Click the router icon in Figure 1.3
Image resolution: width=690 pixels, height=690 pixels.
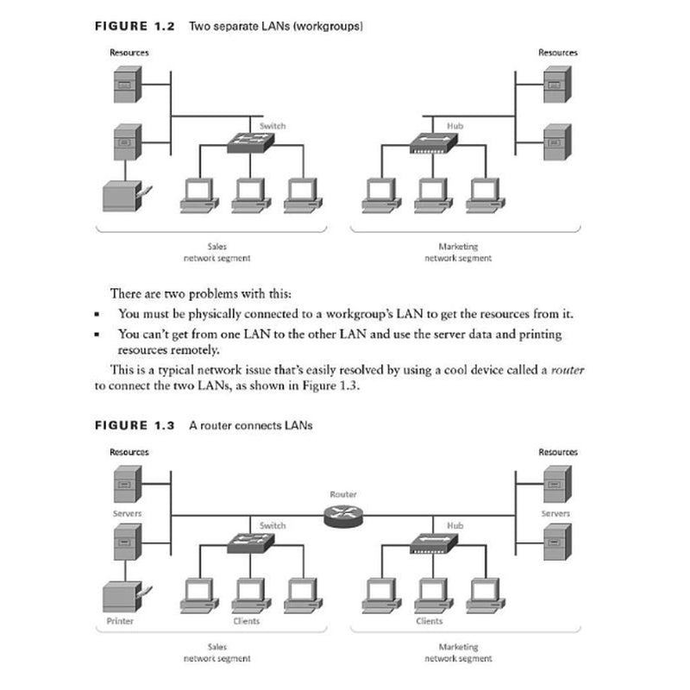pyautogui.click(x=342, y=516)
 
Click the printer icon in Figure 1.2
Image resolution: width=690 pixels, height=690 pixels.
pyautogui.click(x=122, y=197)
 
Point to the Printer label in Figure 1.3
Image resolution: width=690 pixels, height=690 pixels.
pyautogui.click(x=120, y=620)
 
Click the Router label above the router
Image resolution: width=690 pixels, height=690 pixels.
pyautogui.click(x=342, y=494)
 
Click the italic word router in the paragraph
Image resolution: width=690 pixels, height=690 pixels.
pyautogui.click(x=568, y=369)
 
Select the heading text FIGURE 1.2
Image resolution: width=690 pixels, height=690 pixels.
pyautogui.click(x=134, y=26)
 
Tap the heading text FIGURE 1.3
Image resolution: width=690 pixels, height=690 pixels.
pyautogui.click(x=134, y=426)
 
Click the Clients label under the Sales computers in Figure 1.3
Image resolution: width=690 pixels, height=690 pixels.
pyautogui.click(x=247, y=620)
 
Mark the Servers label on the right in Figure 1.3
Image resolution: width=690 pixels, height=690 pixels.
pyautogui.click(x=555, y=513)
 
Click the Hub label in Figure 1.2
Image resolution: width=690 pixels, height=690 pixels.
pyautogui.click(x=455, y=126)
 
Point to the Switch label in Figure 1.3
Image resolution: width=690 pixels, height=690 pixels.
pyautogui.click(x=273, y=525)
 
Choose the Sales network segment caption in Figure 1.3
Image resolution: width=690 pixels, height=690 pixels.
pyautogui.click(x=217, y=652)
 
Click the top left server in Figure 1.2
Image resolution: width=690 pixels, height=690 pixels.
pyautogui.click(x=126, y=85)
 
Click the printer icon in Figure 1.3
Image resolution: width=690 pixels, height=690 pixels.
pyautogui.click(x=122, y=596)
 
